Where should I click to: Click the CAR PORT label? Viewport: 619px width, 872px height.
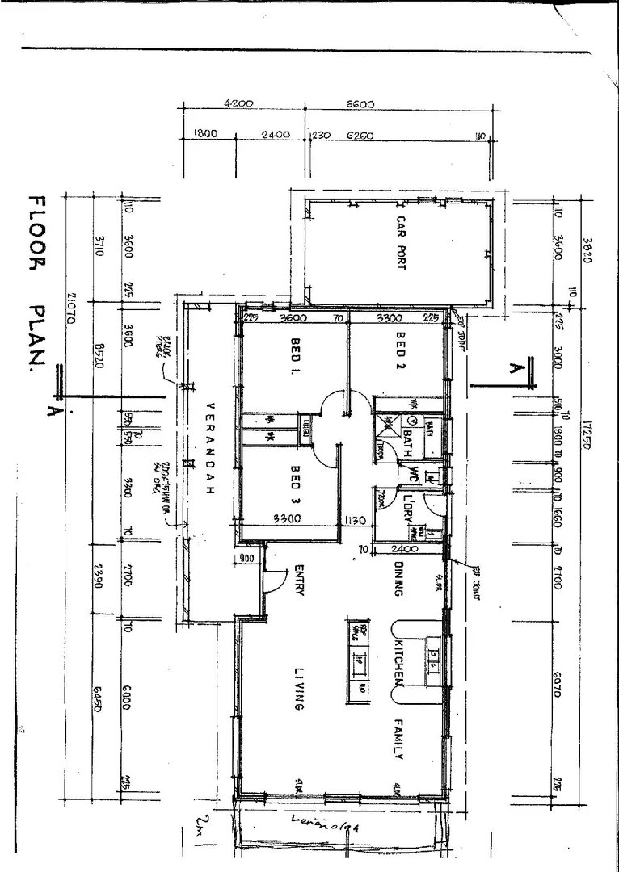coord(400,254)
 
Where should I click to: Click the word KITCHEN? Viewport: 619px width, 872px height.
coord(398,662)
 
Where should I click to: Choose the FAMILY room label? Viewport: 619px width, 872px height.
coord(398,739)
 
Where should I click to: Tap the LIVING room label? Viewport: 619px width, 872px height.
coord(297,689)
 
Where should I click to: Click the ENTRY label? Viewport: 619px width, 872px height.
coord(298,580)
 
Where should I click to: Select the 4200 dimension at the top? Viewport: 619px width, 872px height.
coord(239,103)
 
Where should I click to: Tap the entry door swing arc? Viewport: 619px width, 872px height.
coord(278,580)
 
